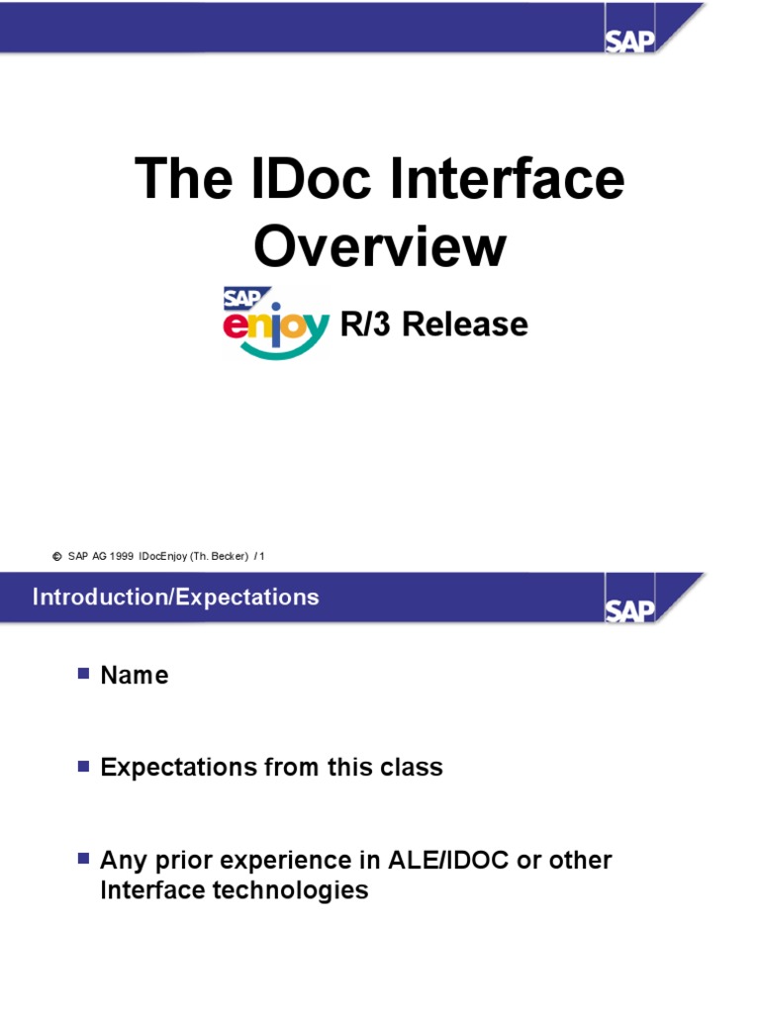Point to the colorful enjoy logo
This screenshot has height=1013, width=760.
click(275, 322)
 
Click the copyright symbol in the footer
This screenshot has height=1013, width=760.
click(56, 557)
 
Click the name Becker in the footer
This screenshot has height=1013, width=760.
click(228, 557)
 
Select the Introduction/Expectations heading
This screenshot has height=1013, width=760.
click(175, 598)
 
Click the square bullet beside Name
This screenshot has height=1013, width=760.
click(83, 674)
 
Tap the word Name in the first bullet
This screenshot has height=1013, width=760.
click(135, 676)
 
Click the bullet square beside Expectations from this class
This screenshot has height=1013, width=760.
click(83, 766)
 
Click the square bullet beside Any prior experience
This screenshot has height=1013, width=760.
click(83, 858)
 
